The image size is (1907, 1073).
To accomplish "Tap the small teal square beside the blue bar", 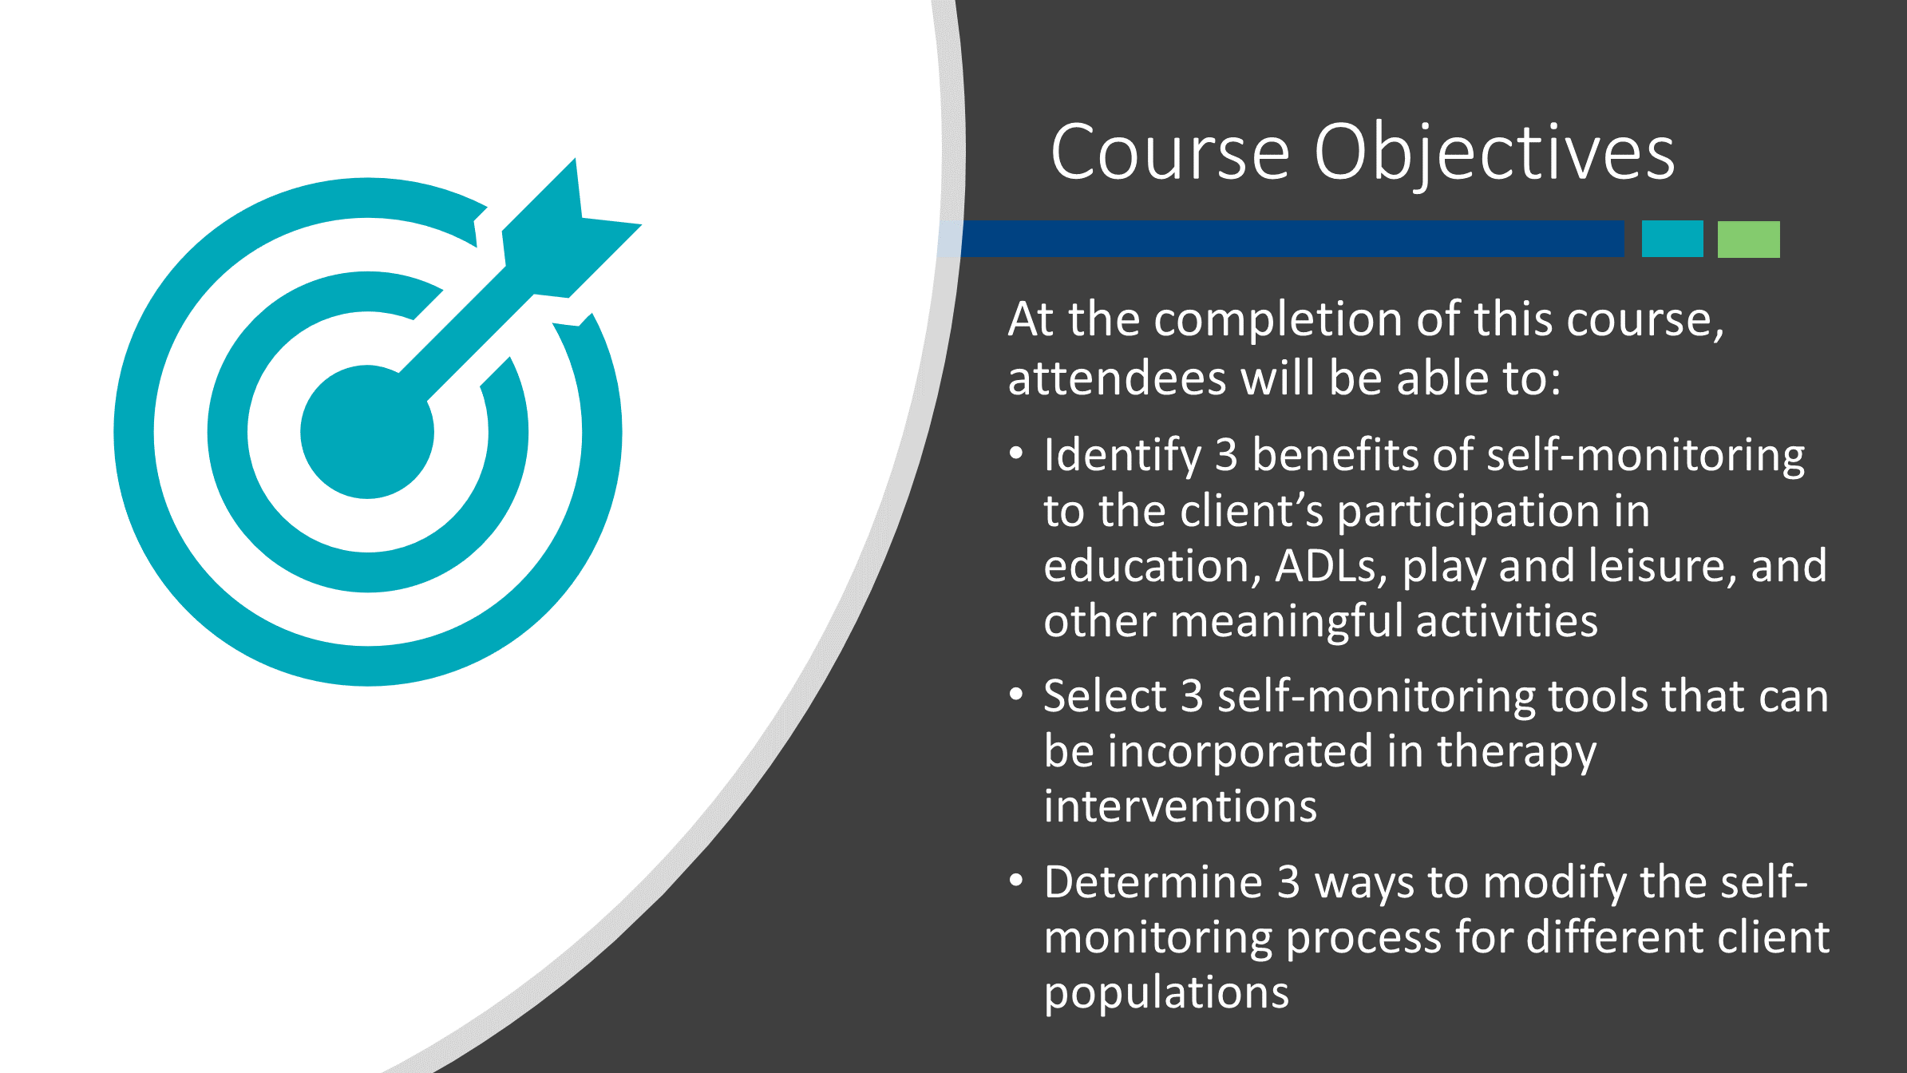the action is click(1672, 239).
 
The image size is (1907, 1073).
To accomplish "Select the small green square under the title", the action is click(1749, 239).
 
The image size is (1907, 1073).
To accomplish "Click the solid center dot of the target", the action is click(367, 432).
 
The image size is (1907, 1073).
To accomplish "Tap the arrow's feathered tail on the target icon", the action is click(571, 228).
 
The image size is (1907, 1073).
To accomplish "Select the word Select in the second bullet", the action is click(1106, 695).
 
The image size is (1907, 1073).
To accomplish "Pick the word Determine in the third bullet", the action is click(1153, 882).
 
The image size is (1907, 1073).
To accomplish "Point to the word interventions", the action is click(1181, 806).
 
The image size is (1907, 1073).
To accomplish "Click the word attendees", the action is click(1117, 378).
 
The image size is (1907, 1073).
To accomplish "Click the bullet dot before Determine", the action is click(1016, 881).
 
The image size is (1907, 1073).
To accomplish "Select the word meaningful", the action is click(1287, 622).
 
